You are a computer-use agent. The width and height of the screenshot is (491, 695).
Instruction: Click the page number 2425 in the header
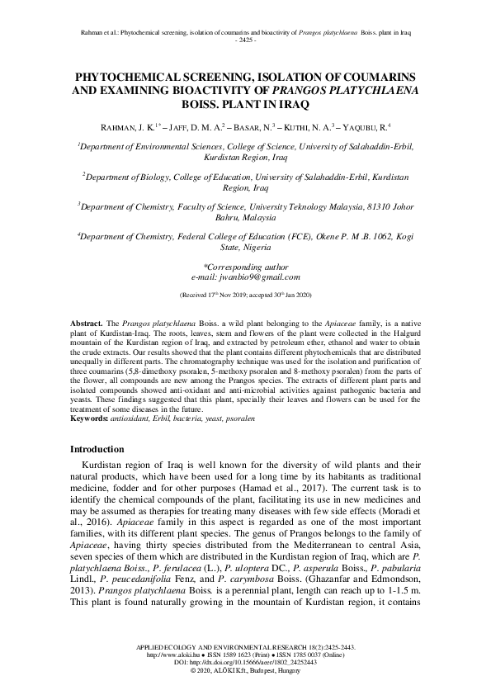click(x=245, y=40)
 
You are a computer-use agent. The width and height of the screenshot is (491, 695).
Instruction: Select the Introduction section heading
click(x=97, y=449)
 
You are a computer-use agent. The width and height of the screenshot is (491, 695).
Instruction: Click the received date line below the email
click(x=245, y=294)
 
